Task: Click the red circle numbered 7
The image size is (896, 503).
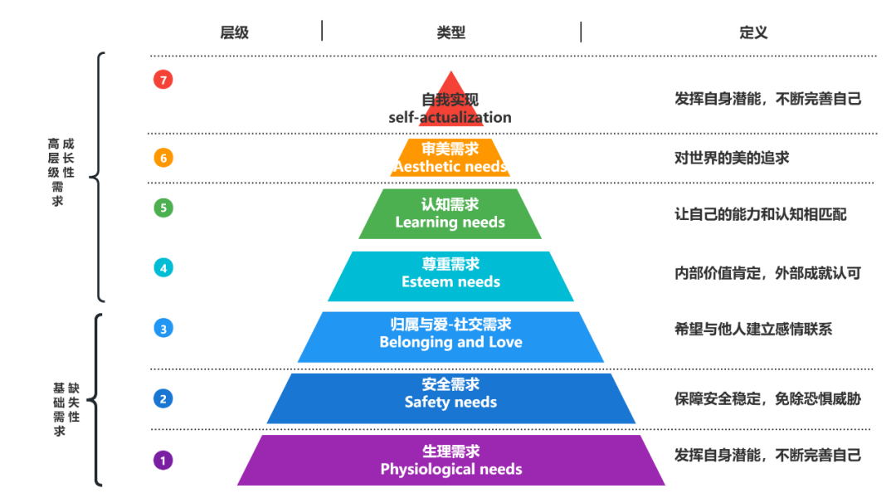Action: pyautogui.click(x=163, y=80)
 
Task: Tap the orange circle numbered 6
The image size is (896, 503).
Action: pyautogui.click(x=163, y=157)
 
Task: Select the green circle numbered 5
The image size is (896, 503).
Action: pyautogui.click(x=163, y=208)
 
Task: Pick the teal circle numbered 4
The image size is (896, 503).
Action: pyautogui.click(x=163, y=267)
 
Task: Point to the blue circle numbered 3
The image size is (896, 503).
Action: pyautogui.click(x=163, y=328)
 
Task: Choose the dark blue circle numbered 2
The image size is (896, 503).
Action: pyautogui.click(x=163, y=398)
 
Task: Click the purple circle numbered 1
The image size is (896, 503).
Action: pyautogui.click(x=163, y=460)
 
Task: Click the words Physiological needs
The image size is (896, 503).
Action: pyautogui.click(x=450, y=470)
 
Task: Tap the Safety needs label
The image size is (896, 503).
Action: pyautogui.click(x=450, y=403)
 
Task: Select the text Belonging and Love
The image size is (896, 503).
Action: pyautogui.click(x=450, y=342)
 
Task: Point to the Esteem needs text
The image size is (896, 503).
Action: pyautogui.click(x=450, y=282)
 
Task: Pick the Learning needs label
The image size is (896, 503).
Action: pyautogui.click(x=450, y=222)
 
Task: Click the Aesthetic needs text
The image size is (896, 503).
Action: pyautogui.click(x=450, y=167)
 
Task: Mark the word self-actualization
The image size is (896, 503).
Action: pyautogui.click(x=450, y=118)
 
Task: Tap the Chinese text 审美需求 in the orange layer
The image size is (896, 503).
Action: pyautogui.click(x=450, y=149)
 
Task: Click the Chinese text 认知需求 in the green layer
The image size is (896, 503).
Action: pyautogui.click(x=450, y=204)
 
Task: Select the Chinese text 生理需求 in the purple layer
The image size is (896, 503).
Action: pyautogui.click(x=450, y=452)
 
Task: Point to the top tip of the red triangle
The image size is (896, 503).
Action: pyautogui.click(x=450, y=71)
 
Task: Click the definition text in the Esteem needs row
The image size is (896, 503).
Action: pyautogui.click(x=767, y=272)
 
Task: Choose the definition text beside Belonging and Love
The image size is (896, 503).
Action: pyautogui.click(x=753, y=330)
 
